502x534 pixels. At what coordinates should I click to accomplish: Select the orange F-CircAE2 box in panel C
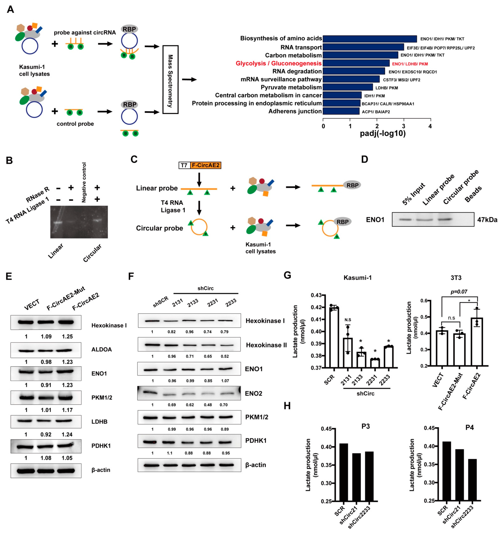206,165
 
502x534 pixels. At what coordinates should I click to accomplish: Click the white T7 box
184,165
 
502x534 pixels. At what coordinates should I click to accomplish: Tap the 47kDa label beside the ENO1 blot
487,220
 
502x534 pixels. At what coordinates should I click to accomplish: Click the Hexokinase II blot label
266,345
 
